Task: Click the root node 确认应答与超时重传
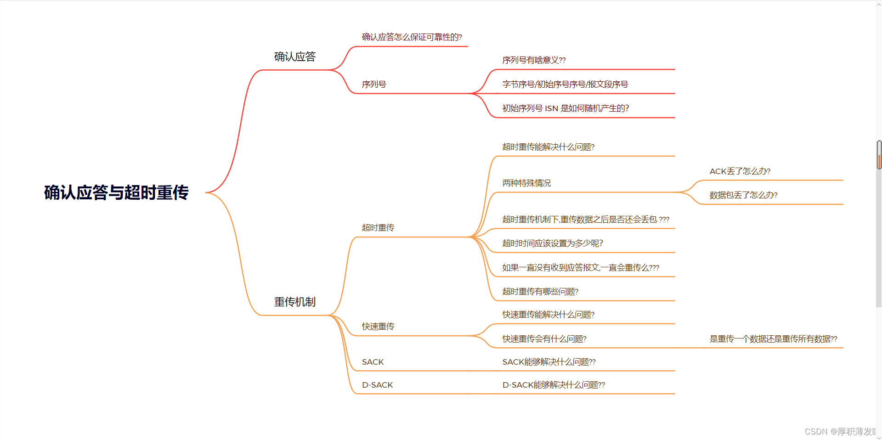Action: [x=116, y=192]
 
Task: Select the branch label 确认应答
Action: [x=295, y=57]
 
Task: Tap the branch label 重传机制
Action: [x=295, y=302]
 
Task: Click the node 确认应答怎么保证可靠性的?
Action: [x=412, y=37]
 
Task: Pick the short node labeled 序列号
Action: [x=374, y=85]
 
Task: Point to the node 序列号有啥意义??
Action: [x=534, y=60]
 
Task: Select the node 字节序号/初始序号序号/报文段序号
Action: [x=565, y=85]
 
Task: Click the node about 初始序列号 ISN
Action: [x=565, y=108]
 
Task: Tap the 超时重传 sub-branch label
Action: [x=378, y=228]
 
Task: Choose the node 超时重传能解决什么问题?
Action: [x=548, y=147]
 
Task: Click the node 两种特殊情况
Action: [x=526, y=183]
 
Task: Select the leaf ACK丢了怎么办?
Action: [x=740, y=171]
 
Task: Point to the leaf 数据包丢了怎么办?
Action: [x=743, y=195]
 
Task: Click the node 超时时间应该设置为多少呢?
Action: [x=552, y=243]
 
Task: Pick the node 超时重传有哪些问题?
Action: [x=540, y=292]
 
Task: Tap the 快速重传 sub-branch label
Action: [x=378, y=327]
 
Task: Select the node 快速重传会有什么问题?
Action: [x=544, y=339]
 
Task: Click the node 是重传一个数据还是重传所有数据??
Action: [x=773, y=339]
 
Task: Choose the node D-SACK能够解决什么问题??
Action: [x=554, y=385]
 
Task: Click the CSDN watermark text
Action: [x=839, y=432]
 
